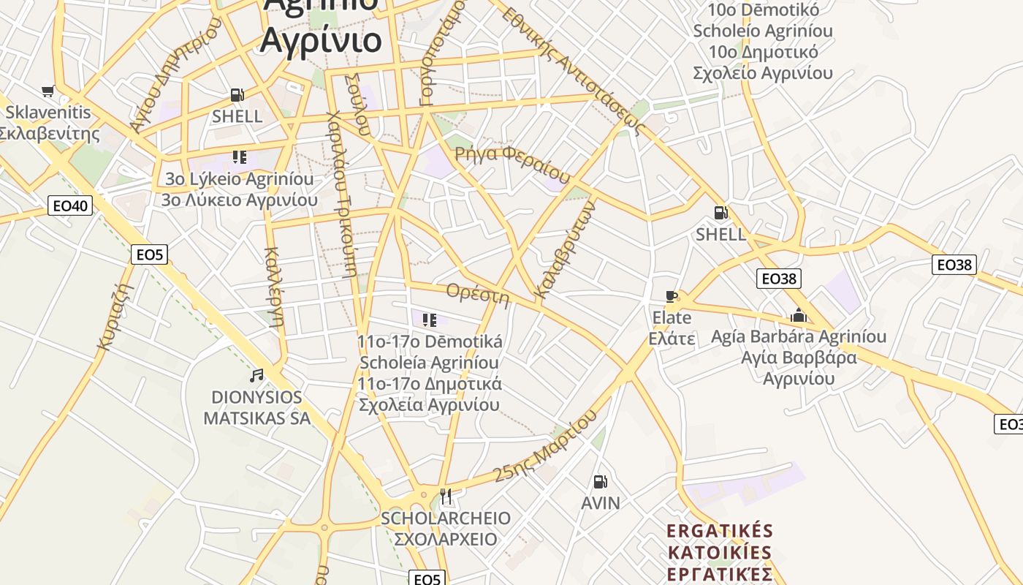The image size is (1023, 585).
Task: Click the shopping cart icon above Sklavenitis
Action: [48, 91]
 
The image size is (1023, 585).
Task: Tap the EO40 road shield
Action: [70, 205]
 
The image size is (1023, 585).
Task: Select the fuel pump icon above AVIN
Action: [600, 482]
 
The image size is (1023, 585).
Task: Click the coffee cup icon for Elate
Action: [672, 297]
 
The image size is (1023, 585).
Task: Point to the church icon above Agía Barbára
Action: [799, 316]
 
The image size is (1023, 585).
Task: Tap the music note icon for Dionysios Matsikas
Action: [256, 376]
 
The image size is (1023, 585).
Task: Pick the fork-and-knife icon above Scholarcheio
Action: [446, 497]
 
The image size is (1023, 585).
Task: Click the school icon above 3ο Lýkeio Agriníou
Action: [239, 157]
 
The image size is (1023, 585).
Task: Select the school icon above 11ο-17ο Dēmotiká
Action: [430, 320]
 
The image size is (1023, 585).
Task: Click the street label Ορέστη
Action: [477, 294]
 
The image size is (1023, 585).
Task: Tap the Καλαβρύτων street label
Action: [566, 250]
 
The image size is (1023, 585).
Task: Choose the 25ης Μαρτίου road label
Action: [545, 445]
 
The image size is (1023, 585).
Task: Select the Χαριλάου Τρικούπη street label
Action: [342, 193]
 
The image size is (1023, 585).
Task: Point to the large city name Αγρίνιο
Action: [320, 39]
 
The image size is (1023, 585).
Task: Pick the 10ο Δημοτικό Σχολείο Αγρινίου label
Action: [763, 62]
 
